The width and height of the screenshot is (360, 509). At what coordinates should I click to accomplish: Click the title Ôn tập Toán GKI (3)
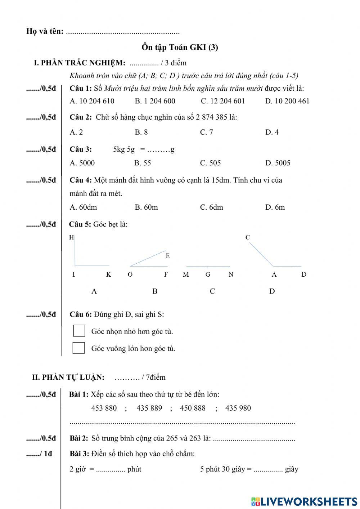point(180,47)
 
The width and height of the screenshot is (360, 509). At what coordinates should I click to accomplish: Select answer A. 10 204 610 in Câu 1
point(92,101)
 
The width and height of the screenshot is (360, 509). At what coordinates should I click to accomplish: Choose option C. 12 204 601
point(222,101)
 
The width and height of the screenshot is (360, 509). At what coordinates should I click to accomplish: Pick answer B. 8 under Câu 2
point(141,132)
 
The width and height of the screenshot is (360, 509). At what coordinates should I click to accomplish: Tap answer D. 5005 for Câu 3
point(278,163)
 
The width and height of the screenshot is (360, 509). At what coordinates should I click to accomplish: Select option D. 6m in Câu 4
point(275,207)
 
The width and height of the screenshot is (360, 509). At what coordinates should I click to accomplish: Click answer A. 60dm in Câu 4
point(83,207)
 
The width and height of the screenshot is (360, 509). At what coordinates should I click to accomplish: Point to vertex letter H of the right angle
point(71,237)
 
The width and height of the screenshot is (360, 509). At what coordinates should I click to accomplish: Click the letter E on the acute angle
point(167,256)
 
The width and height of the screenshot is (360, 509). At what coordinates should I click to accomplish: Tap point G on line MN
point(208,274)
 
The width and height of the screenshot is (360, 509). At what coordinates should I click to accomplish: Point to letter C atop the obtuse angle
point(247,237)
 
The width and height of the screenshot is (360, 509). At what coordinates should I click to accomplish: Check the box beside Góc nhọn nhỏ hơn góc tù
point(79,331)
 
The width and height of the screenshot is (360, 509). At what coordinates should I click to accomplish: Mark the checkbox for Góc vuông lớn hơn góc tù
point(78,348)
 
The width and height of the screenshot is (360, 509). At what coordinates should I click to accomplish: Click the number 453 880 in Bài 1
point(104,408)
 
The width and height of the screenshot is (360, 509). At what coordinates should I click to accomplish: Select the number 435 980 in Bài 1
point(238,408)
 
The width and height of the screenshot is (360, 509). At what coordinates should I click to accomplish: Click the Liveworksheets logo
point(304,501)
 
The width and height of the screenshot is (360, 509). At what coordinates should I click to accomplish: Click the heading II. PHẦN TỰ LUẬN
point(68,378)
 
